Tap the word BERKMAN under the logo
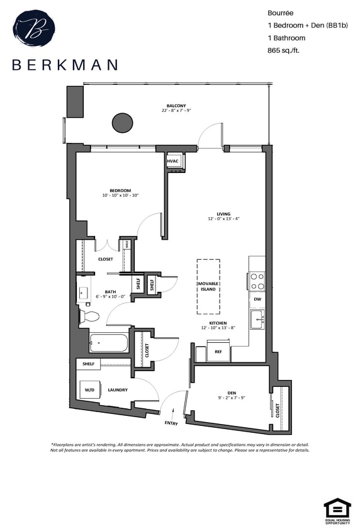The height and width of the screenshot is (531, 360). point(64,64)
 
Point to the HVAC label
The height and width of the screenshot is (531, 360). point(173,161)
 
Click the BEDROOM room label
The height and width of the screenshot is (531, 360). point(120,191)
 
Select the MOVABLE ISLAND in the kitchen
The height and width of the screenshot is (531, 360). point(208,287)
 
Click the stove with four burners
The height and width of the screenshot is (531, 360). point(257,280)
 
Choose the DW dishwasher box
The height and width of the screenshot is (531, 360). point(257,299)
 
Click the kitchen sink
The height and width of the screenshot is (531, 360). point(257,320)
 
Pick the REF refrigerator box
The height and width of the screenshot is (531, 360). point(218,352)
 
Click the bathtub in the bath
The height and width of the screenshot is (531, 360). point(108,344)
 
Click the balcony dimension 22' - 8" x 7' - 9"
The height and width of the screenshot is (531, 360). point(176,111)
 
